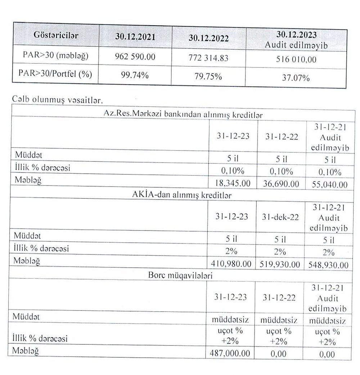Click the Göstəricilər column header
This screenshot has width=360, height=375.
[56, 36]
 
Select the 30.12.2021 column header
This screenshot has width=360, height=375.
[135, 36]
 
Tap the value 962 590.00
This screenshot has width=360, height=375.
[135, 57]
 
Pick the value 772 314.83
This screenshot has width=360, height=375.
[208, 58]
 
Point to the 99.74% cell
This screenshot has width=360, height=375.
[135, 75]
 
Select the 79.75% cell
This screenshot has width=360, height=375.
[208, 76]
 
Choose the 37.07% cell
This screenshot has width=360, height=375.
[296, 77]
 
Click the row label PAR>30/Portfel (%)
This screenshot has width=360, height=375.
[55, 74]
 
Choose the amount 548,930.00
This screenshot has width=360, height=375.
[328, 265]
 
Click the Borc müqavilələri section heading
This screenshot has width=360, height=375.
[179, 276]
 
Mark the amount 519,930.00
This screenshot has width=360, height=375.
[280, 264]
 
